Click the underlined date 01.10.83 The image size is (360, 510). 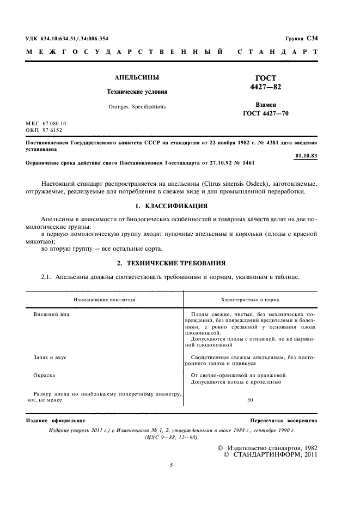306,156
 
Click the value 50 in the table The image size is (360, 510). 250,400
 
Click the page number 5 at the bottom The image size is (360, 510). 171,465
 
